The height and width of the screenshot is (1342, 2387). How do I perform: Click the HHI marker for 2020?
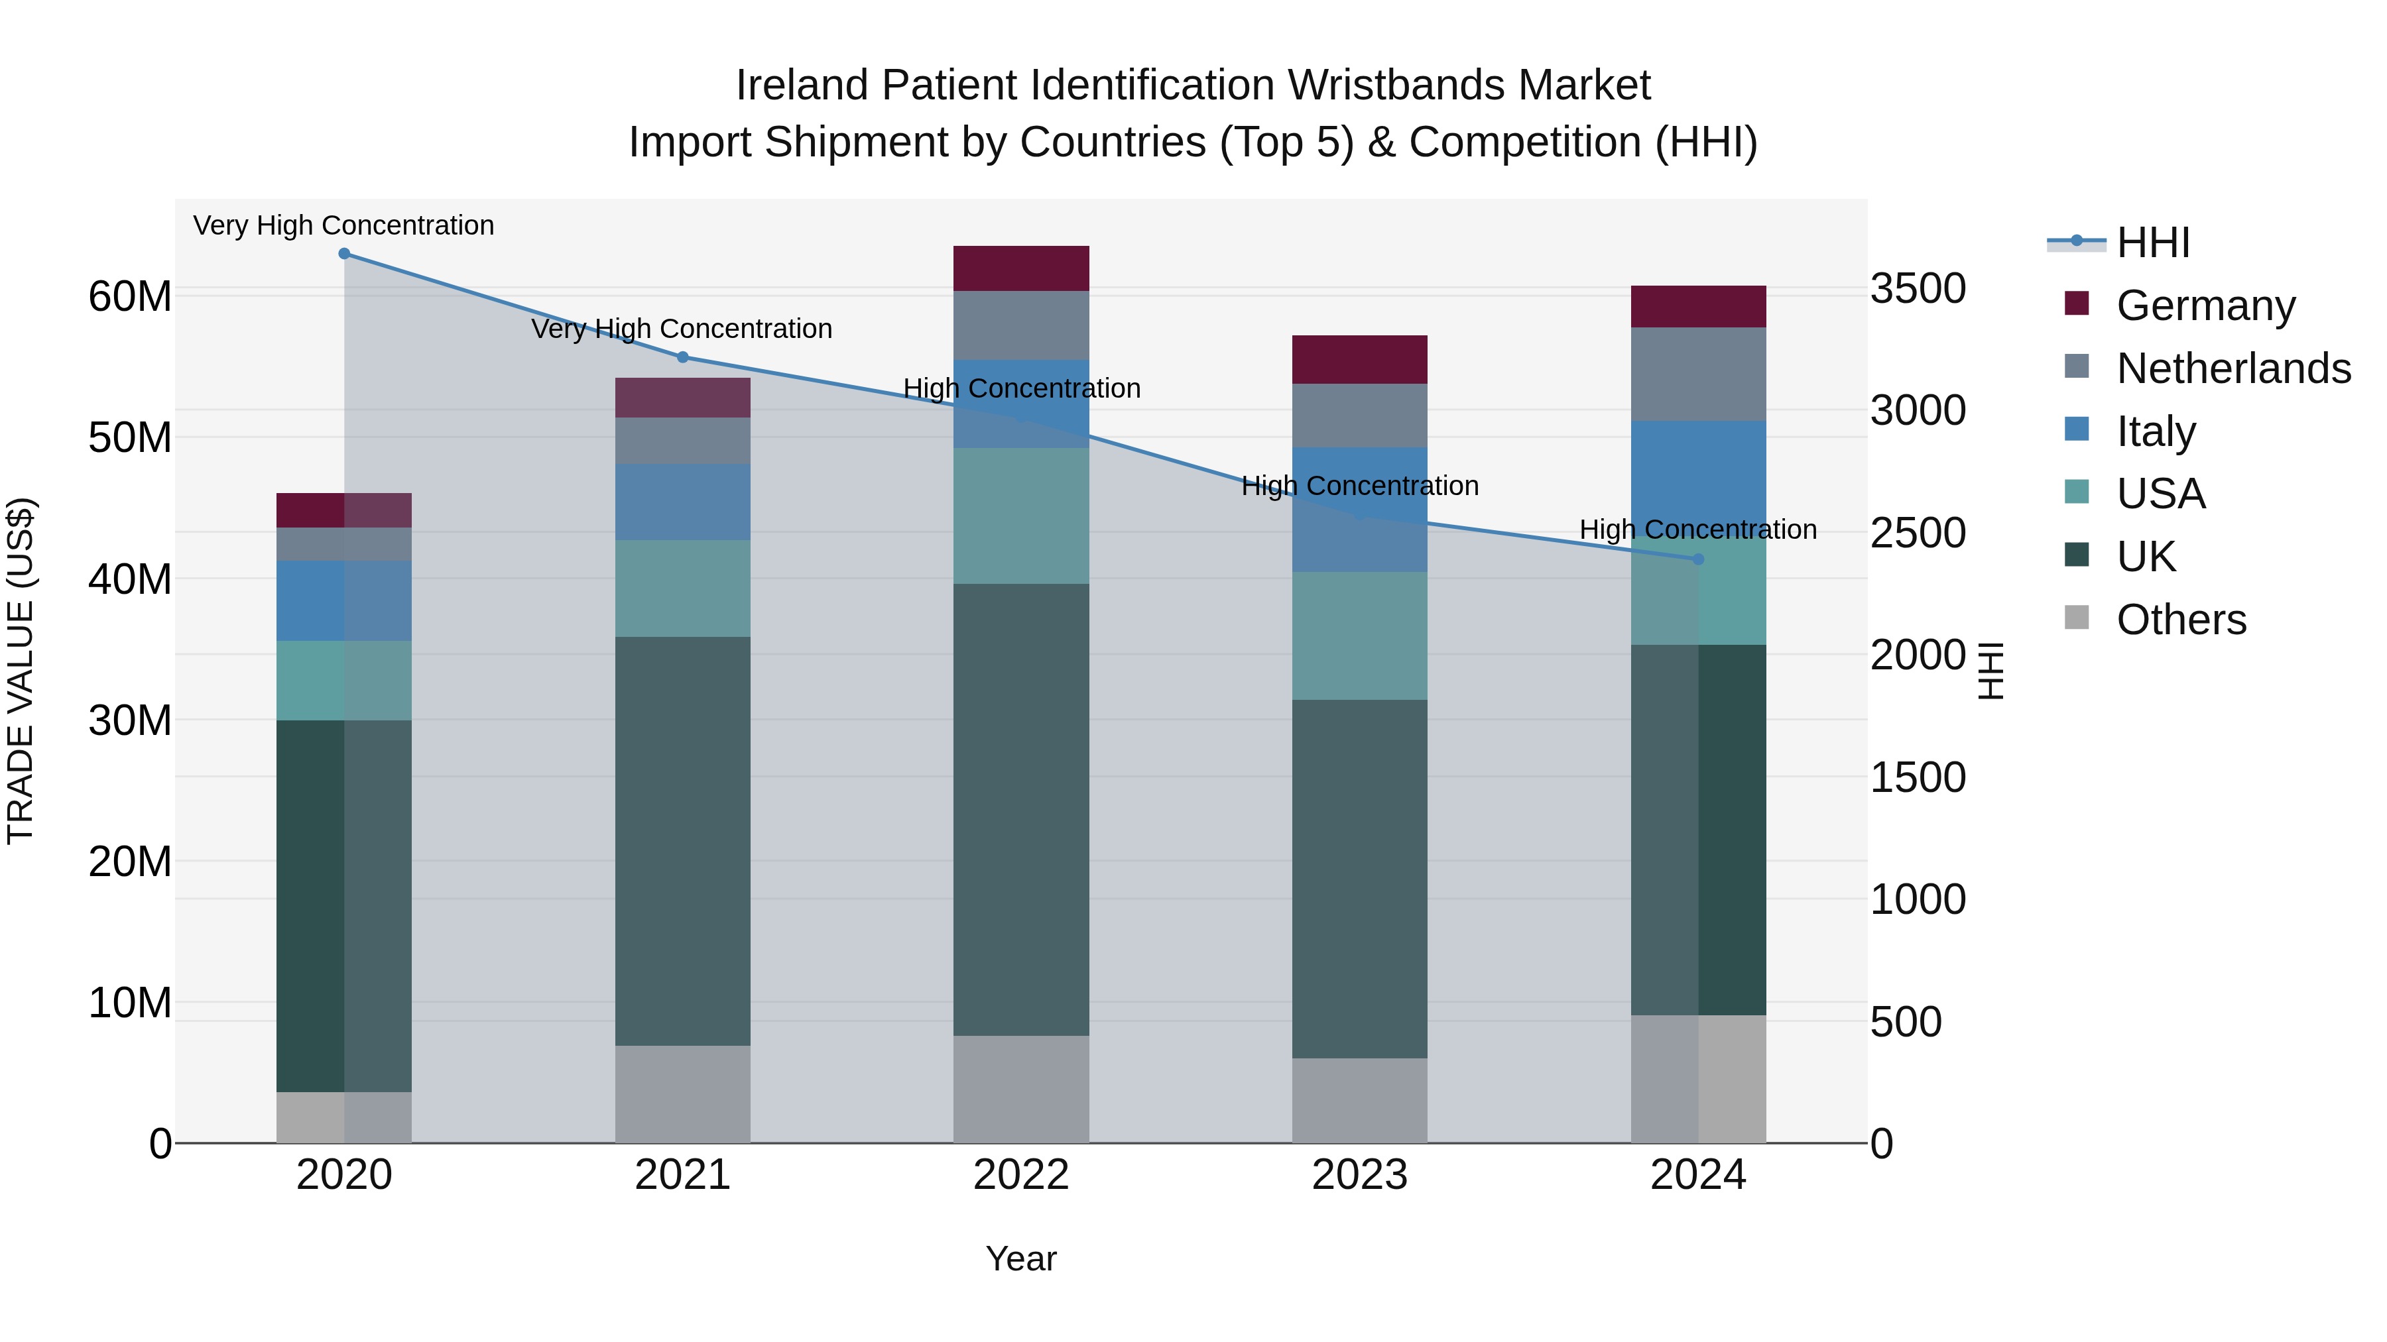tap(343, 254)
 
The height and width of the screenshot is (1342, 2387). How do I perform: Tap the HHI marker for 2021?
tap(682, 357)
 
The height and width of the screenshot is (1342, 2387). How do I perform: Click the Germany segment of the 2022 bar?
tap(1020, 268)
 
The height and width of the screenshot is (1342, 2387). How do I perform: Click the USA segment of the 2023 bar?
tap(1359, 636)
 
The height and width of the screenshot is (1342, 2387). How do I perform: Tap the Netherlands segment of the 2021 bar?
tap(682, 441)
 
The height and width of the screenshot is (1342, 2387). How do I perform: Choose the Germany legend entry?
tap(2205, 305)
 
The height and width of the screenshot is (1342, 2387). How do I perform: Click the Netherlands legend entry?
tap(2233, 368)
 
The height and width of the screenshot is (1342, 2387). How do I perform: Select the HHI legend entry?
tap(2152, 243)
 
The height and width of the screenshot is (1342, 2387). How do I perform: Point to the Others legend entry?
tap(2180, 619)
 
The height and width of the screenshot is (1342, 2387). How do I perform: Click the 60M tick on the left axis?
tap(130, 298)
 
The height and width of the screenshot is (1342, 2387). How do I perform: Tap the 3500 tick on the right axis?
tap(1917, 288)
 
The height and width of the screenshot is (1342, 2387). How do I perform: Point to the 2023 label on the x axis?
tap(1359, 1175)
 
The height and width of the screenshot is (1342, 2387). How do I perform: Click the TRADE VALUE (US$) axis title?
tap(21, 671)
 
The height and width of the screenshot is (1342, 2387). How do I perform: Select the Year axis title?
tap(1020, 1258)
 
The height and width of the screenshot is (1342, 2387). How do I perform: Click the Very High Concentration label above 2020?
tap(343, 225)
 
